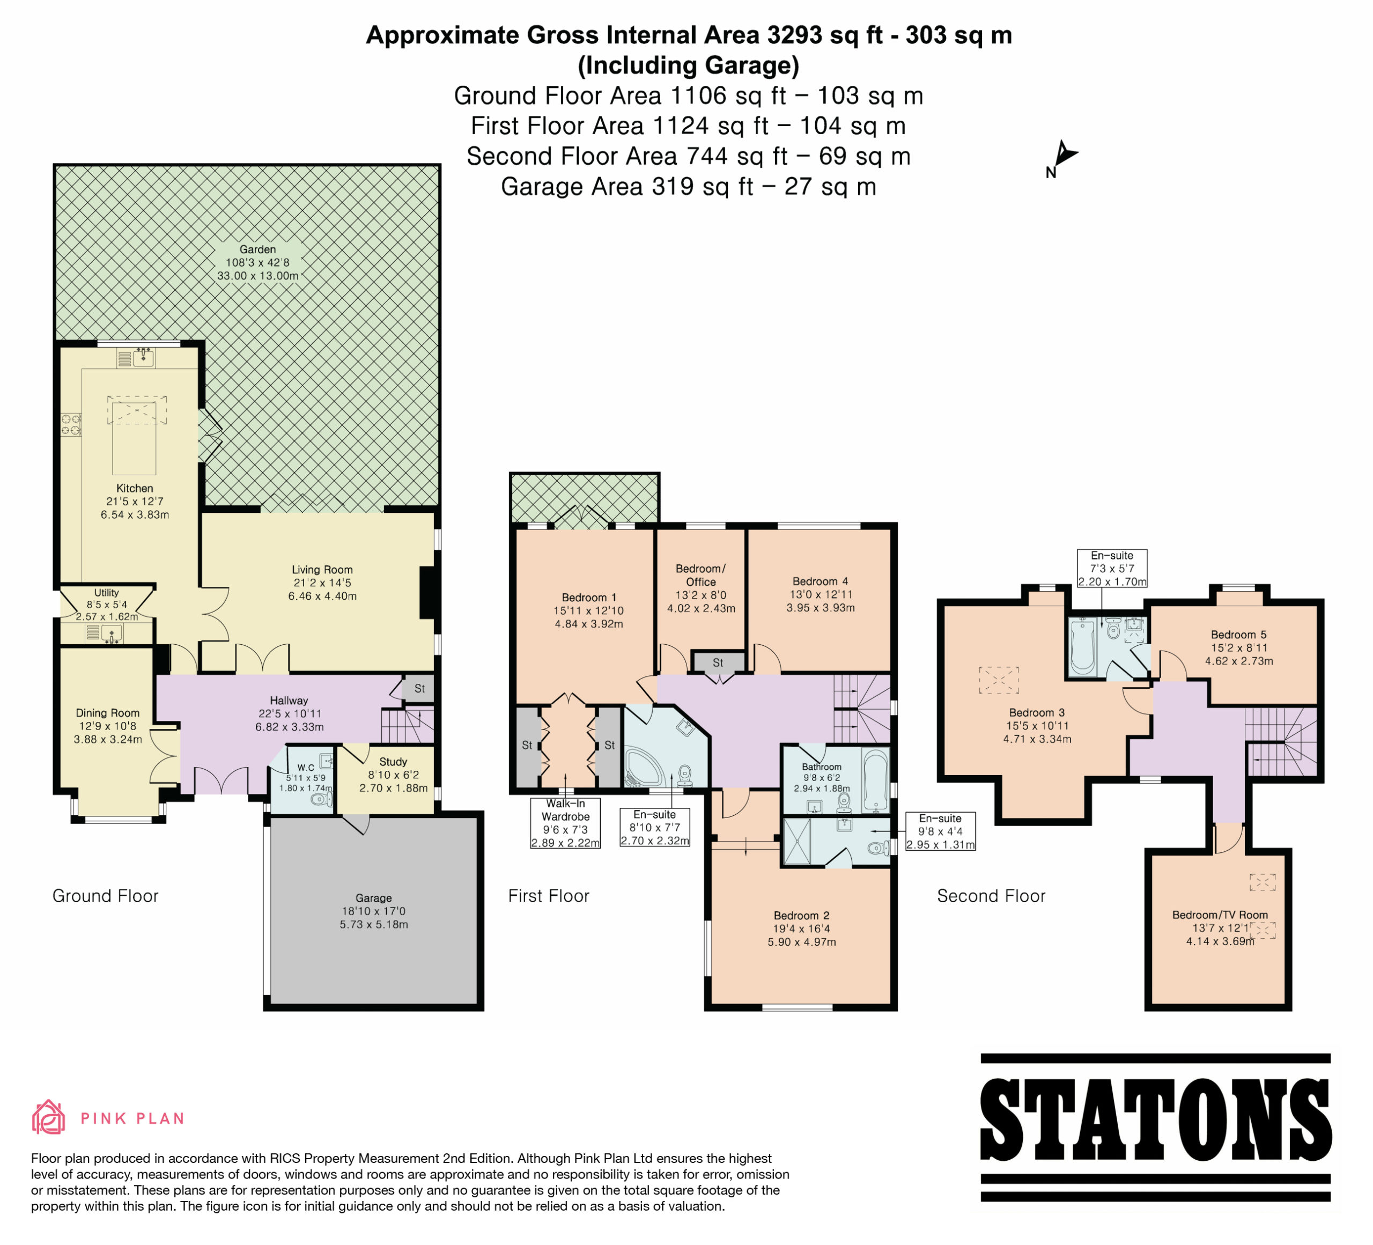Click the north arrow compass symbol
pos(1062,159)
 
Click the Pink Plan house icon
pos(48,1117)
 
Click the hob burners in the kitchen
pos(71,425)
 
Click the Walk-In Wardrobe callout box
pos(565,823)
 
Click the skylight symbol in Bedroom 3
pos(999,680)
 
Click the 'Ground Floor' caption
pos(106,896)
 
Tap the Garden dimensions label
pos(257,263)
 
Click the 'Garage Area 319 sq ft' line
pos(689,187)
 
